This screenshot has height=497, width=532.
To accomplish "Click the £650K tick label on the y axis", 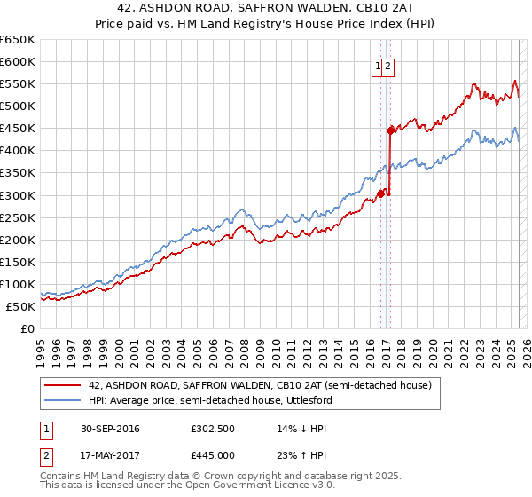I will coord(18,40).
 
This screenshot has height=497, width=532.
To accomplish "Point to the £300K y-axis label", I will coord(18,195).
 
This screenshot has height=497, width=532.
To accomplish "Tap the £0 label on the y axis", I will coord(28,328).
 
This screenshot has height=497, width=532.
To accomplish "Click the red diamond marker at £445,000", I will coord(390,130).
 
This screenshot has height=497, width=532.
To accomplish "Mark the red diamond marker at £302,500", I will coord(380,193).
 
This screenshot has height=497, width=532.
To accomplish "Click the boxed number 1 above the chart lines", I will coord(378,65).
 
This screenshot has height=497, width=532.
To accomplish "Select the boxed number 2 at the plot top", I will coord(388,65).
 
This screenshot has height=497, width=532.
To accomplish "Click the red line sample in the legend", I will coord(65,385).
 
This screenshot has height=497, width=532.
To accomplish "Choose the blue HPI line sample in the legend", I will coord(65,400).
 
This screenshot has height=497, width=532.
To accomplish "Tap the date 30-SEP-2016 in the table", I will coord(110,430).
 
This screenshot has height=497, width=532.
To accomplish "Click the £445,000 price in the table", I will coord(213,454).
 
